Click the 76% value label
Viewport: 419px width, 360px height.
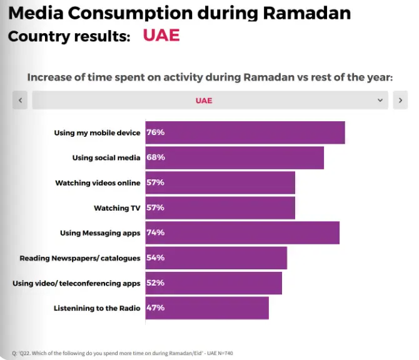pyautogui.click(x=155, y=132)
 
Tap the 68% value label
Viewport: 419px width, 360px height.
pyautogui.click(x=155, y=157)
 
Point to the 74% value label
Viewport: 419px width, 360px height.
pyautogui.click(x=155, y=232)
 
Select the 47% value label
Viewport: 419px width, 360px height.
pyautogui.click(x=155, y=307)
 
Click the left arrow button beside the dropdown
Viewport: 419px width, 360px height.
pyautogui.click(x=20, y=100)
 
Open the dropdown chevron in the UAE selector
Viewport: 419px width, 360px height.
pyautogui.click(x=380, y=100)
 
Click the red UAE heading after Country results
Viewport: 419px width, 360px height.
pyautogui.click(x=161, y=35)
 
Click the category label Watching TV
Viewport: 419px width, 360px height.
pyautogui.click(x=117, y=208)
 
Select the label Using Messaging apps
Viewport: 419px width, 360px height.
pyautogui.click(x=100, y=233)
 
